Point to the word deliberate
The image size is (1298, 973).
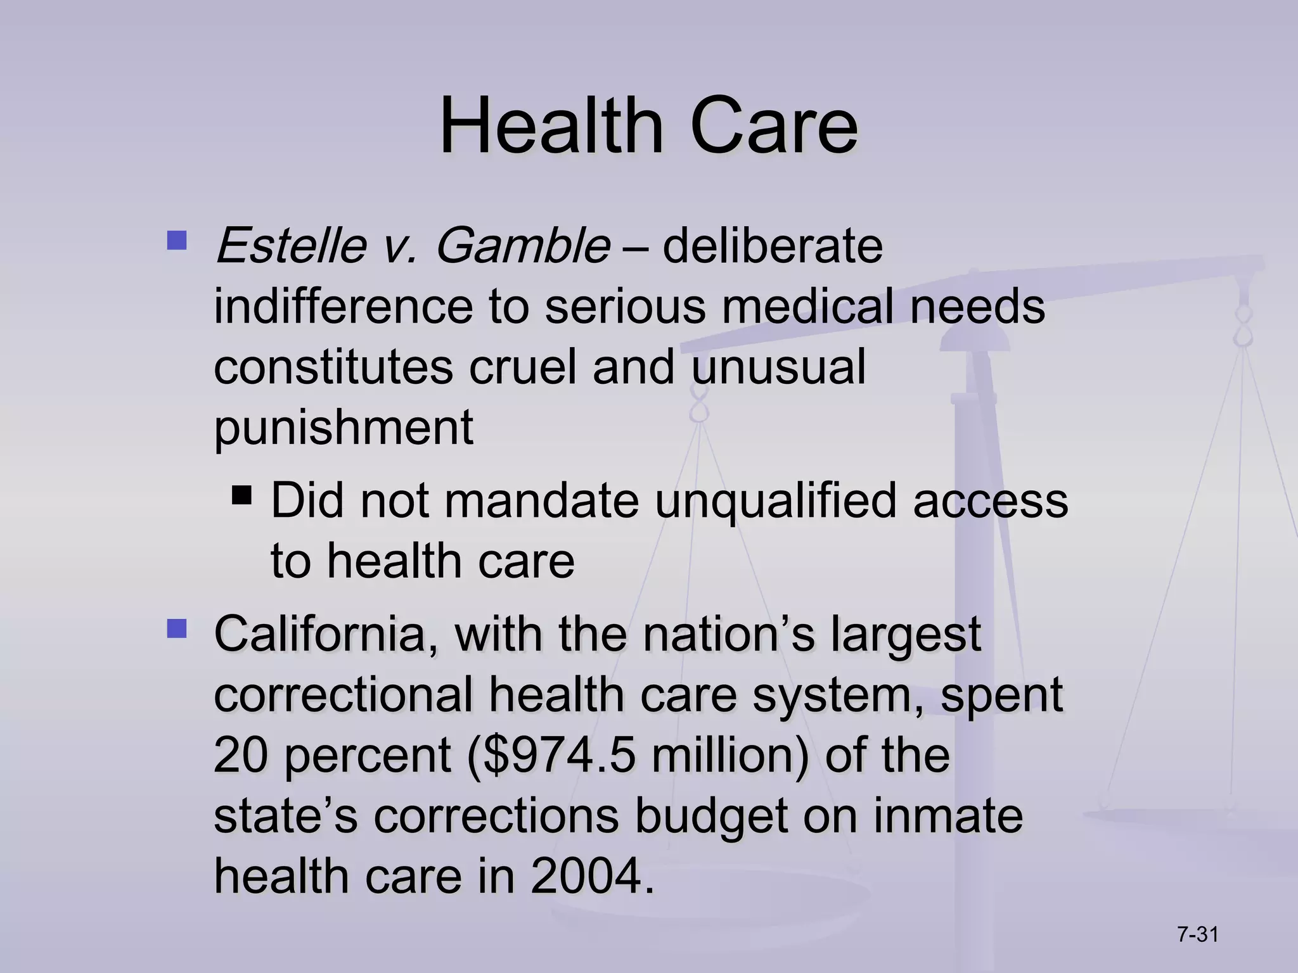[x=772, y=246]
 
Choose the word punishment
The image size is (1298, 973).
[x=344, y=427]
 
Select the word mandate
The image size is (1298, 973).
[x=541, y=500]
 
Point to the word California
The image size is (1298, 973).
[x=326, y=633]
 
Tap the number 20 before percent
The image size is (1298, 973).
[x=241, y=755]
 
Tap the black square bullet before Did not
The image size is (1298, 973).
[x=242, y=494]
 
